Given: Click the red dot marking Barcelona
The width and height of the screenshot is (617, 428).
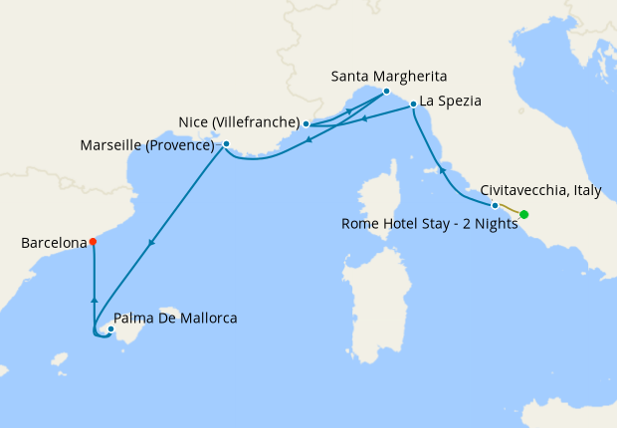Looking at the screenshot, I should click(x=93, y=241).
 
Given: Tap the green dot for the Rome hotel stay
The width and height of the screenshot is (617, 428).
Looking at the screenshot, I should click(x=523, y=214).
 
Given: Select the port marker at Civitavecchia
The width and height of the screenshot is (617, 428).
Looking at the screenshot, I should click(x=495, y=205).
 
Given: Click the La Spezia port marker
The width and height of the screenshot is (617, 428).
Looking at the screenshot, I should click(x=412, y=104).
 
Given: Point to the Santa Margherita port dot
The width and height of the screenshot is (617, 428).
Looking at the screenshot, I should click(x=386, y=91).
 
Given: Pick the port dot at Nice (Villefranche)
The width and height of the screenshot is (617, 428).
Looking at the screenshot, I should click(x=307, y=124).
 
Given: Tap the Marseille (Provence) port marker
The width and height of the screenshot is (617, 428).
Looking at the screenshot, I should click(x=227, y=144).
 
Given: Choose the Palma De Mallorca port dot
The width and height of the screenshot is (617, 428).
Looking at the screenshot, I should click(x=109, y=329).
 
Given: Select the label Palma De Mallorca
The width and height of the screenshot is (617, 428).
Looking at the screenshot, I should click(x=176, y=319).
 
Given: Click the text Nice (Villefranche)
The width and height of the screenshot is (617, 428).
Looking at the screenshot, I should click(x=239, y=122).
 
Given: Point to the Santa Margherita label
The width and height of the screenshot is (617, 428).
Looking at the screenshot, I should click(x=389, y=76).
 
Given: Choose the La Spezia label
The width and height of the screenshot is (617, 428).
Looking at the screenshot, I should click(x=451, y=101).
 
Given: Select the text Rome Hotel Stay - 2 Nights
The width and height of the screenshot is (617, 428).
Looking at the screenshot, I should click(x=430, y=223).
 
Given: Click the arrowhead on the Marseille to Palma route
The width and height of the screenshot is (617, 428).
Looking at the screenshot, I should click(x=151, y=242).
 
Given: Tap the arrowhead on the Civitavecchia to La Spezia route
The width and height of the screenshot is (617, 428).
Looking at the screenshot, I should click(x=442, y=171).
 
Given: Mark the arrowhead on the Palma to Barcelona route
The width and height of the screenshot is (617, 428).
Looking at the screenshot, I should click(x=94, y=298).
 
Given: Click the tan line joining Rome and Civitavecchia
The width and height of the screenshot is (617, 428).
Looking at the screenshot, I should click(x=509, y=209).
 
